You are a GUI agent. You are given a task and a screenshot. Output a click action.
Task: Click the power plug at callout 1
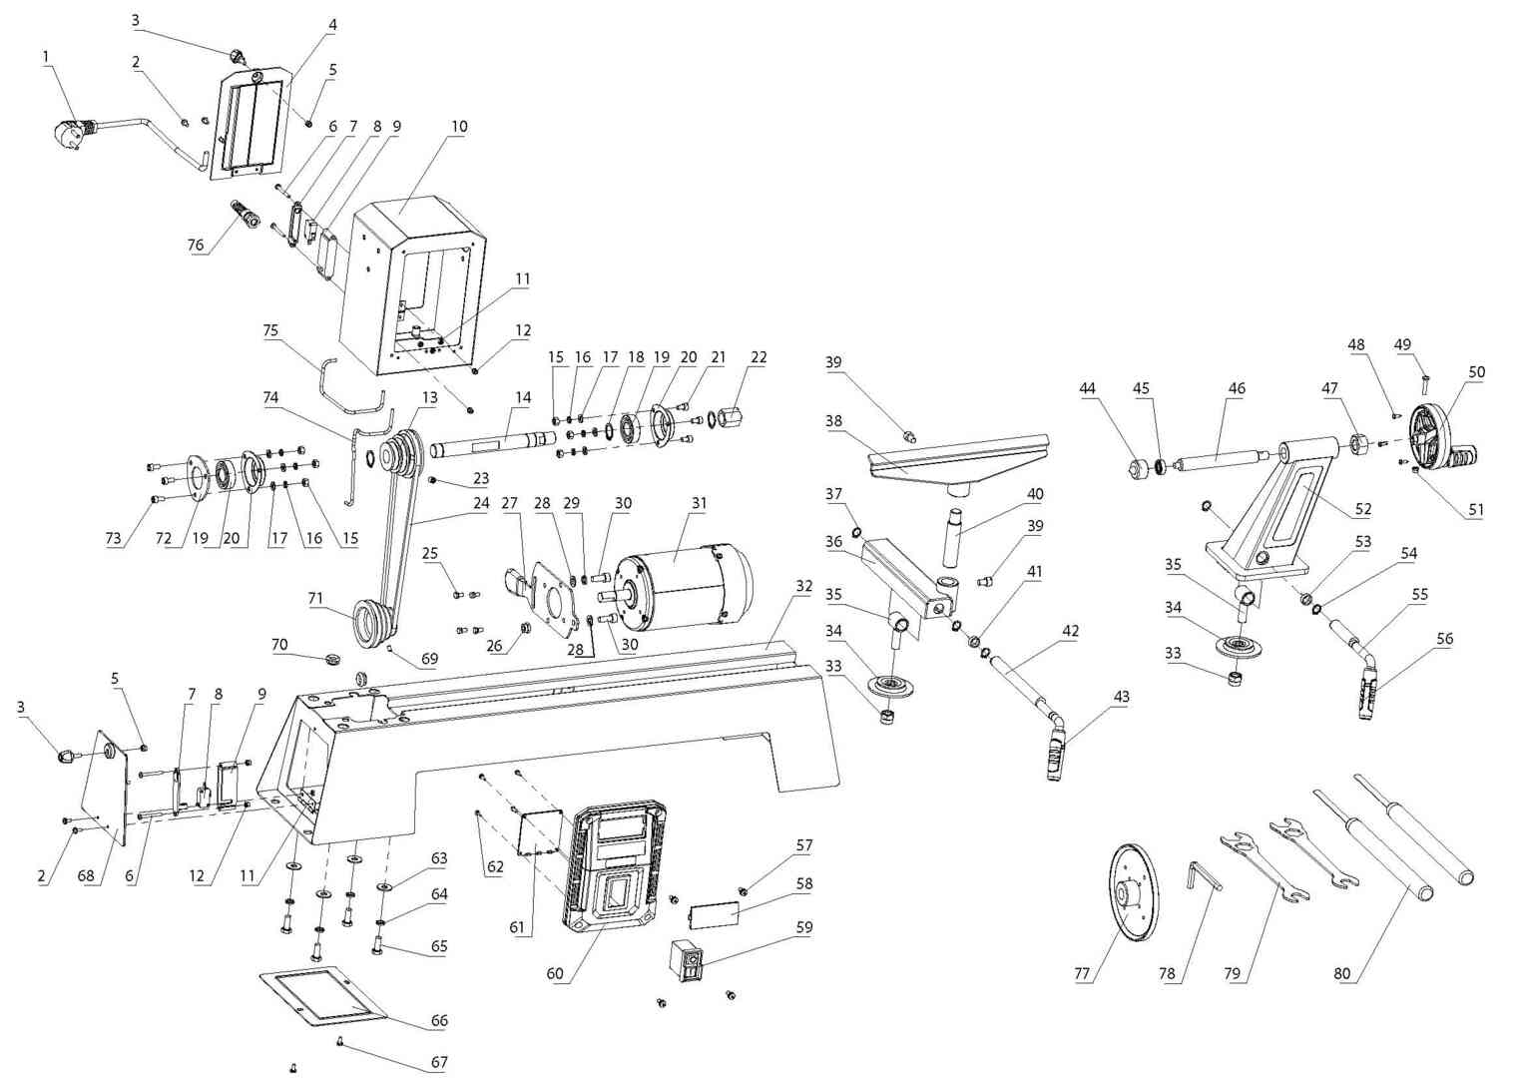pos(67,133)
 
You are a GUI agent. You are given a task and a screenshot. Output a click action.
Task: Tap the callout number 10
pos(459,127)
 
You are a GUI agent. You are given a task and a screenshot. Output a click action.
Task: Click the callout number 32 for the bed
pos(804,587)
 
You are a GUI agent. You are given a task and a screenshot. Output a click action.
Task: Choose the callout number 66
pos(439,1020)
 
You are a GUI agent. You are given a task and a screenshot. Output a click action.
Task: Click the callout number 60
pos(555,973)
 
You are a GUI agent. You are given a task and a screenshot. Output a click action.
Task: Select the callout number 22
pos(759,358)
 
